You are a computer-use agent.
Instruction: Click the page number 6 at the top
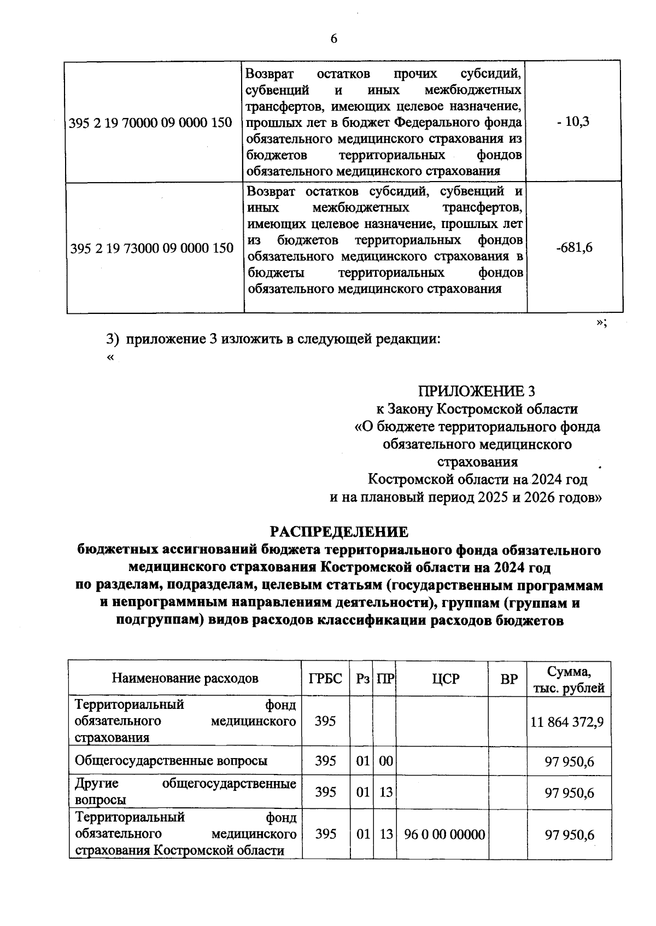tap(334, 38)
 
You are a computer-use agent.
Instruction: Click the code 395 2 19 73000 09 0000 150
tap(152, 248)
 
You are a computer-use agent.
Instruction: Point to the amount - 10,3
tap(573, 121)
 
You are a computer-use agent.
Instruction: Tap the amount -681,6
tap(574, 248)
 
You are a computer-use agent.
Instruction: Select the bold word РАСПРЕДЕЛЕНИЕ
tap(339, 532)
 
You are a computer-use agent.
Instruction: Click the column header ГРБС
tap(325, 679)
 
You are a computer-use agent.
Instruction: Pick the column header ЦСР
tap(445, 679)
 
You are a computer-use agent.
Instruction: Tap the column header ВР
tap(509, 679)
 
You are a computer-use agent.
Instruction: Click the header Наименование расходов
tap(185, 679)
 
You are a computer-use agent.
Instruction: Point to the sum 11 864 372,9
tap(567, 722)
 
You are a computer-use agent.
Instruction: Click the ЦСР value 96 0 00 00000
tap(444, 835)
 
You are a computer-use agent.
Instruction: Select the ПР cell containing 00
tap(386, 761)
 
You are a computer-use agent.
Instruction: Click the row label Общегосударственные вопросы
tap(171, 761)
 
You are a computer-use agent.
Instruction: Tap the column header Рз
tap(362, 679)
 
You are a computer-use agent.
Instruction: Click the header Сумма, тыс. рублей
tap(569, 679)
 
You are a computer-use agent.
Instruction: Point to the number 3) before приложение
tap(112, 339)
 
